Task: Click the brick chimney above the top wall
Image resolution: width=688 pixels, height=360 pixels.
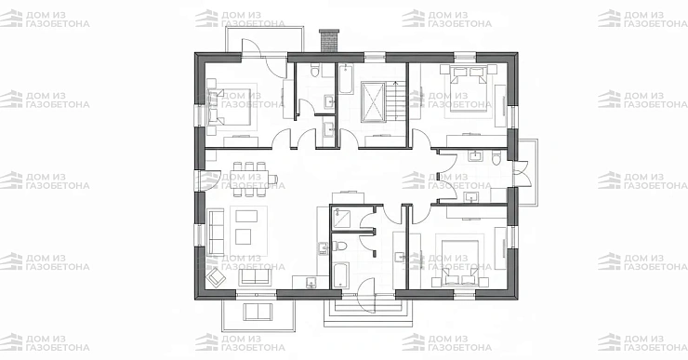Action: pos(329,41)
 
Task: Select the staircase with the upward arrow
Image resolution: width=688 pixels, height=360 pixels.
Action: pos(396,101)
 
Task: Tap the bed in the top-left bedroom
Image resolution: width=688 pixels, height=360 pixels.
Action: pos(229,107)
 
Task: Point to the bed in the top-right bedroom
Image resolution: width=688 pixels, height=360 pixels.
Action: pos(467,90)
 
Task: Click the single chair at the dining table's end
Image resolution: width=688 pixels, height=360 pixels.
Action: pos(273,180)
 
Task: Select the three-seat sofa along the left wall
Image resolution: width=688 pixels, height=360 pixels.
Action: pos(216,233)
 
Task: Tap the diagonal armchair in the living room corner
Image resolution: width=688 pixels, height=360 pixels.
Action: pos(217,276)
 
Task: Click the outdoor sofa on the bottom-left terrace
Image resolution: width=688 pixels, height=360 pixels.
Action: pos(258,312)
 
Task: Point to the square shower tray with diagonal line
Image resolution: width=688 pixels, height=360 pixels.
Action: pos(341,218)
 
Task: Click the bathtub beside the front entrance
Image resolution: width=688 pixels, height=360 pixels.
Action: pos(341,274)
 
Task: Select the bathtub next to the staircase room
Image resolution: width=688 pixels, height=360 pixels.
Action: pos(346,79)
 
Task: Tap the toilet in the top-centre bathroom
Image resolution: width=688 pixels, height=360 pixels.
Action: pos(314,71)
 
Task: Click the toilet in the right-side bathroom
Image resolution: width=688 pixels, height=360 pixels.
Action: pos(496,157)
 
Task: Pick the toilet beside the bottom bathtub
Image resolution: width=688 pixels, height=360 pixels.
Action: pos(340,246)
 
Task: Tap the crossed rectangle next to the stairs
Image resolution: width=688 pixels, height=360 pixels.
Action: pos(373,101)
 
